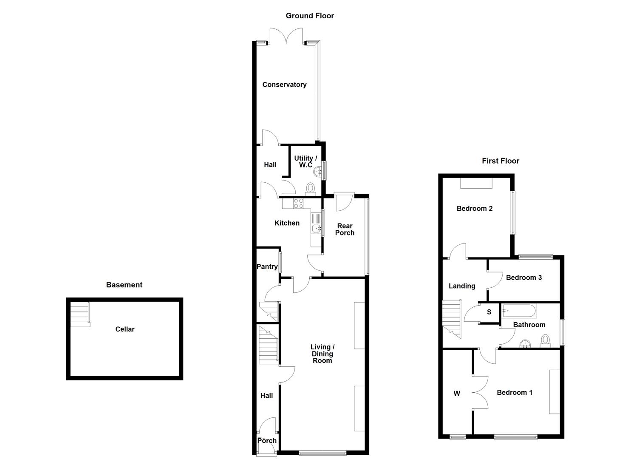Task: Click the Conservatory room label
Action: pyautogui.click(x=284, y=85)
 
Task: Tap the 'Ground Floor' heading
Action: pyautogui.click(x=310, y=16)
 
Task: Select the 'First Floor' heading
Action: pyautogui.click(x=501, y=161)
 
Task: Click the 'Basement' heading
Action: pyautogui.click(x=124, y=285)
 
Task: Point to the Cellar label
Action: pyautogui.click(x=125, y=329)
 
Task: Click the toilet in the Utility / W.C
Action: pyautogui.click(x=311, y=188)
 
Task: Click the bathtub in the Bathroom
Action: pyautogui.click(x=519, y=311)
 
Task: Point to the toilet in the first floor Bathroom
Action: pyautogui.click(x=545, y=340)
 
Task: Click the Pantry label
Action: pyautogui.click(x=267, y=266)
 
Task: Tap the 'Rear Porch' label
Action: pyautogui.click(x=345, y=229)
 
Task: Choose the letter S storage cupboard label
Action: pyautogui.click(x=489, y=312)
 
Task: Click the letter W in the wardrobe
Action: pyautogui.click(x=457, y=394)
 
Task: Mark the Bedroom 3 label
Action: pyautogui.click(x=524, y=278)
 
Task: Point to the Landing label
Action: pyautogui.click(x=462, y=286)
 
